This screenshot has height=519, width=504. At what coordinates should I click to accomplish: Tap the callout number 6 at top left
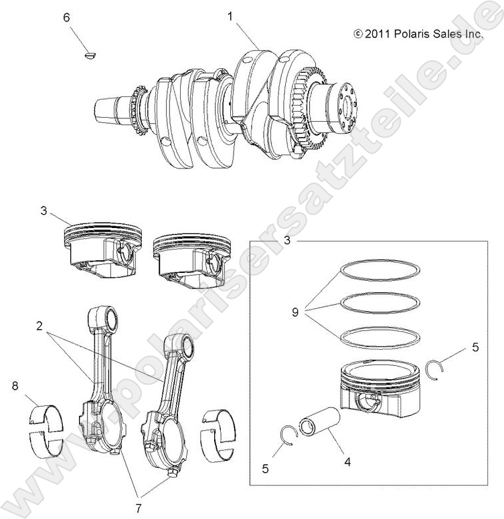coord(66,18)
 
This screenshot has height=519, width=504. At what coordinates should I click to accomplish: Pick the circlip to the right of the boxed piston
coord(436,369)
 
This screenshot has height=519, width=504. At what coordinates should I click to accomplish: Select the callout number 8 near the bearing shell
coord(15,385)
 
